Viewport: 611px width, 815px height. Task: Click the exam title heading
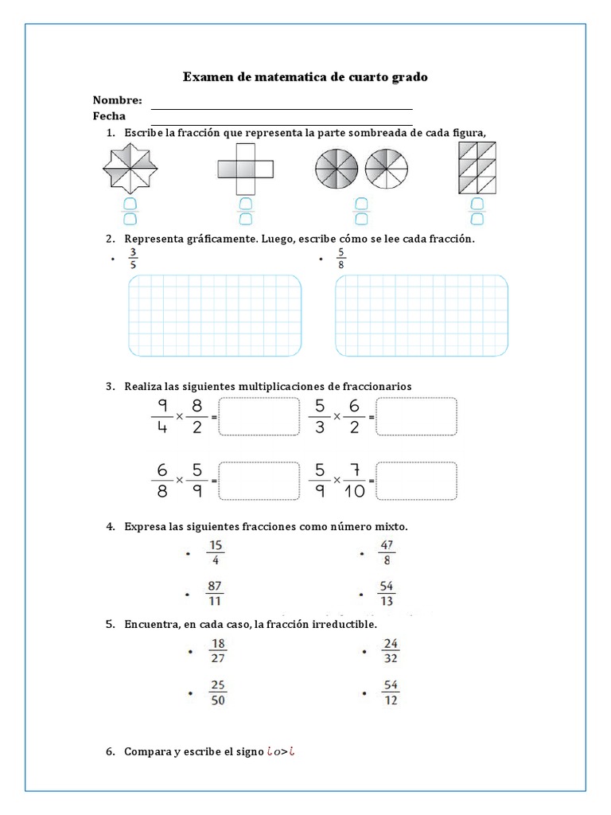tap(305, 77)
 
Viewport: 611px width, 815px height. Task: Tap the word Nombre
tap(117, 100)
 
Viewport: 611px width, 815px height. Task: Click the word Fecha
tap(109, 116)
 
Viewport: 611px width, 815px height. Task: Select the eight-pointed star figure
tap(130, 168)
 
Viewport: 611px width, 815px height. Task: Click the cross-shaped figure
tap(245, 168)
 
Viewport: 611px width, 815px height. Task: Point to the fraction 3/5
tap(133, 259)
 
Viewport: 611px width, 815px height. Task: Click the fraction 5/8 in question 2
tap(341, 259)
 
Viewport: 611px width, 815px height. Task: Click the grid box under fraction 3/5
tap(214, 315)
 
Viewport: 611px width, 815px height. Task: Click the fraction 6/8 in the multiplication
tap(162, 480)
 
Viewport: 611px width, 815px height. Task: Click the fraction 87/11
tap(215, 594)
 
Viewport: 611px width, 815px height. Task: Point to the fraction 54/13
tap(387, 594)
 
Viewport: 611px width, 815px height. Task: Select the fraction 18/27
tap(218, 651)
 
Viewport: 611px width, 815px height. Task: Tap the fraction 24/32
tap(390, 651)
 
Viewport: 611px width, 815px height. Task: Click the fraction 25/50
tap(218, 692)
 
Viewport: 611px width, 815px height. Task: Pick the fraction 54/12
tap(390, 692)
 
